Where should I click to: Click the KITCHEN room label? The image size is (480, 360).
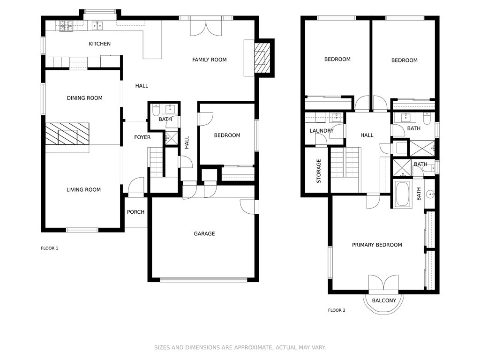pyautogui.click(x=99, y=44)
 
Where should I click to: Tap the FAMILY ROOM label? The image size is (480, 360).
pyautogui.click(x=210, y=60)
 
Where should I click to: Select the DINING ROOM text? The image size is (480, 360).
pyautogui.click(x=84, y=98)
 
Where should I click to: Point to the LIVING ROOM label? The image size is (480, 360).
pyautogui.click(x=83, y=190)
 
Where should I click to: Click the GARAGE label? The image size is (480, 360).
pyautogui.click(x=204, y=234)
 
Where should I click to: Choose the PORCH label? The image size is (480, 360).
pyautogui.click(x=135, y=212)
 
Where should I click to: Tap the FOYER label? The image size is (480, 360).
pyautogui.click(x=142, y=137)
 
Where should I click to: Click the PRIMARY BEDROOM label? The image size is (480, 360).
pyautogui.click(x=377, y=245)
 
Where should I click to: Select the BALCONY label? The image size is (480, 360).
pyautogui.click(x=384, y=300)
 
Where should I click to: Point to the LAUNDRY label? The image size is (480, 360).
pyautogui.click(x=322, y=131)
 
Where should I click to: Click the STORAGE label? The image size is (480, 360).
pyautogui.click(x=319, y=171)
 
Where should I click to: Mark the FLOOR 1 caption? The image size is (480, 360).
pyautogui.click(x=50, y=248)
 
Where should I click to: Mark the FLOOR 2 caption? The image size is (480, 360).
pyautogui.click(x=337, y=310)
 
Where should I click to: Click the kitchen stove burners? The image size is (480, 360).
pyautogui.click(x=67, y=26)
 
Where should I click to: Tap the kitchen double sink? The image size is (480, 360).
pyautogui.click(x=97, y=26)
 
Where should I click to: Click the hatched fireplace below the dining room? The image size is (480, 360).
pyautogui.click(x=67, y=134)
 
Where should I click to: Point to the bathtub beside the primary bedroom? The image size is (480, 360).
pyautogui.click(x=402, y=195)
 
